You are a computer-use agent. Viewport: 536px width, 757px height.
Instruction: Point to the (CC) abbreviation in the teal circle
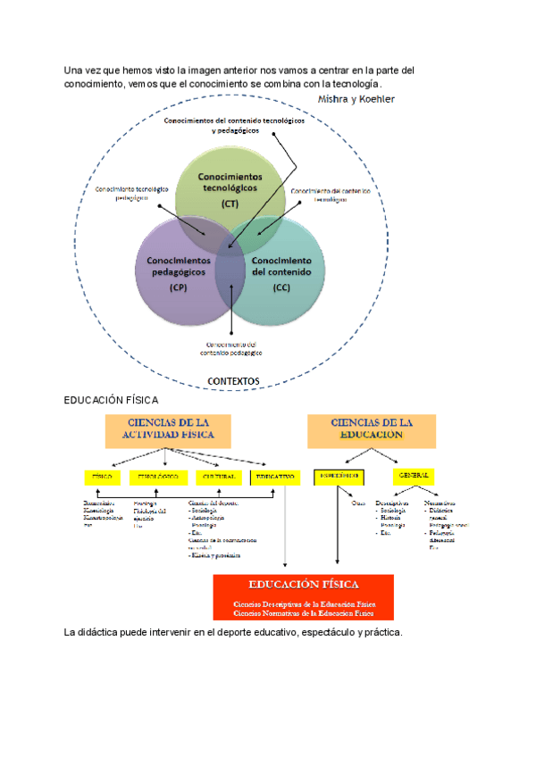281,287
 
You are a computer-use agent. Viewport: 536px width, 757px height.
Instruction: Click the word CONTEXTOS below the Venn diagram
233,381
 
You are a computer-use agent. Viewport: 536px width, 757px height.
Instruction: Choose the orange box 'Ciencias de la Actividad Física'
168,429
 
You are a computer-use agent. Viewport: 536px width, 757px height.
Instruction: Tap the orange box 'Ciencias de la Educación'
372,429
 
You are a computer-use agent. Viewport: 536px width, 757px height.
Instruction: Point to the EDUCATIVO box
274,477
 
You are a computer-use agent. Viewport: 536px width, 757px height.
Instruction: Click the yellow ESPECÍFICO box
337,476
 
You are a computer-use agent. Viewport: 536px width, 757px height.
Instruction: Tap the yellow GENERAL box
412,476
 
